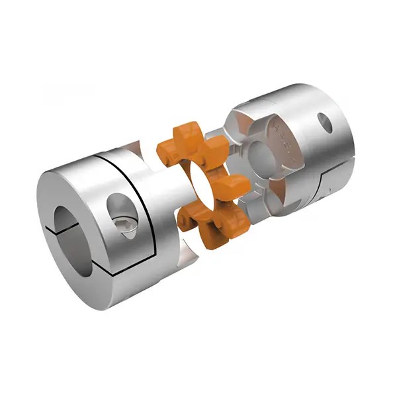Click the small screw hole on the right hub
point(325,122)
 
